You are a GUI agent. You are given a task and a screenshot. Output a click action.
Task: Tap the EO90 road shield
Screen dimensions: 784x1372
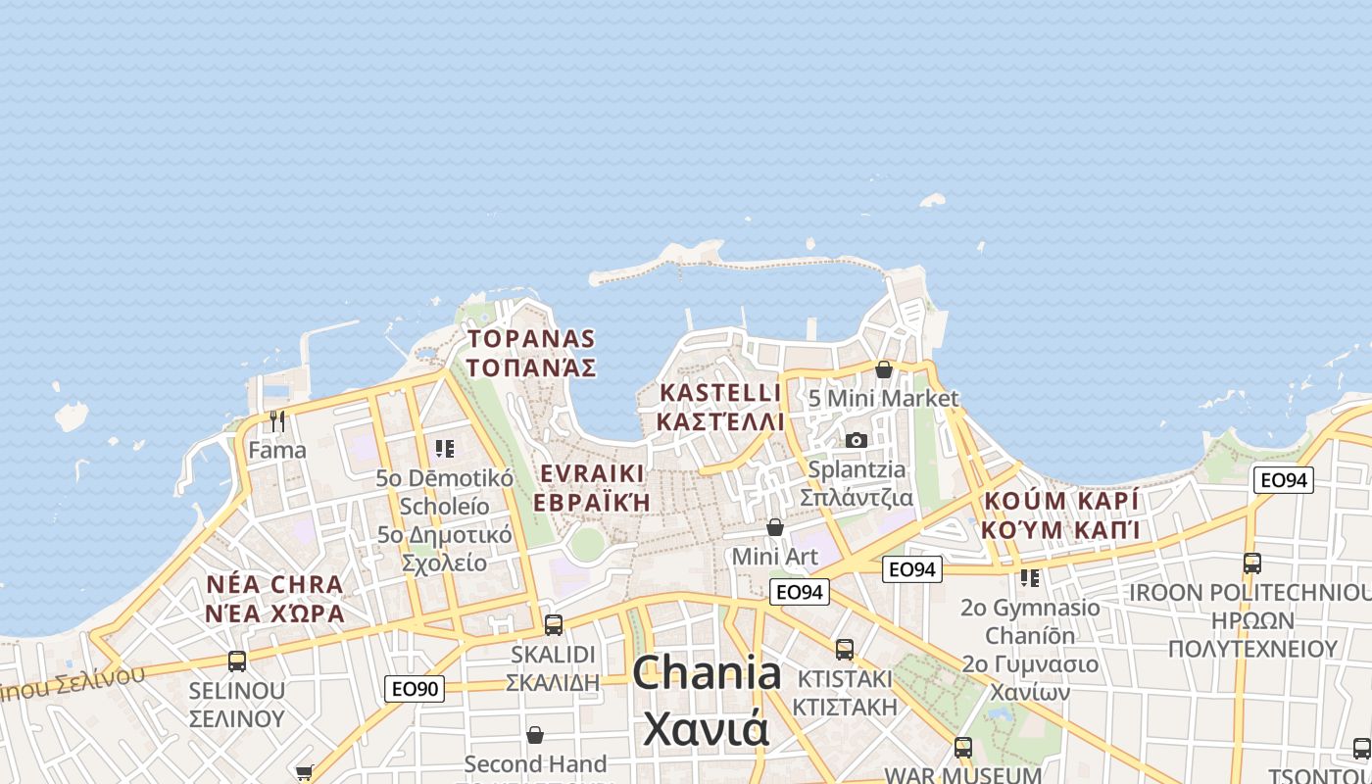pyautogui.click(x=415, y=689)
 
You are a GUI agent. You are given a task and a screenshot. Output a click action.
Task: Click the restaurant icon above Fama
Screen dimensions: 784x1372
pyautogui.click(x=277, y=421)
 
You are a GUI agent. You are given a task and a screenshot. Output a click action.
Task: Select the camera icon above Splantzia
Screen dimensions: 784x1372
pyautogui.click(x=857, y=441)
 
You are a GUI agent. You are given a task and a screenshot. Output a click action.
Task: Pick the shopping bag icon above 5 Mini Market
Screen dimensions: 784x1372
pyautogui.click(x=884, y=369)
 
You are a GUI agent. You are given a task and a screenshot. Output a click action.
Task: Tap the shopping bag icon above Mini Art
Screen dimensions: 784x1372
pyautogui.click(x=775, y=527)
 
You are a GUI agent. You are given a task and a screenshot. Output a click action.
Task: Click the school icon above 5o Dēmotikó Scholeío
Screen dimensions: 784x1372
pyautogui.click(x=445, y=449)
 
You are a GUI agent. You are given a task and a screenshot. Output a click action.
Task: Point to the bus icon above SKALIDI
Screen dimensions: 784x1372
pyautogui.click(x=554, y=624)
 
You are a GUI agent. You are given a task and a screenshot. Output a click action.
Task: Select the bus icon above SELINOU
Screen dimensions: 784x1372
pyautogui.click(x=237, y=661)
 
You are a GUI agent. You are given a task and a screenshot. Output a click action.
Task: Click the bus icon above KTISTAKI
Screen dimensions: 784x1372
pyautogui.click(x=844, y=649)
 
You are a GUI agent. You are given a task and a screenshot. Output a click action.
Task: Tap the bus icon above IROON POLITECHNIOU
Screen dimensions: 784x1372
pyautogui.click(x=1251, y=563)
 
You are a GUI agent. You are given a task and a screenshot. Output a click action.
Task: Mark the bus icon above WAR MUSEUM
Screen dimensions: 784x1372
pyautogui.click(x=963, y=748)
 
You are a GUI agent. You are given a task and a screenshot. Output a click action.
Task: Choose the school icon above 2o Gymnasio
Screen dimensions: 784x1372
pyautogui.click(x=1030, y=578)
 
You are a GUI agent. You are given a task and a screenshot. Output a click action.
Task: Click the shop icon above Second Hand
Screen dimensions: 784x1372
pyautogui.click(x=535, y=734)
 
